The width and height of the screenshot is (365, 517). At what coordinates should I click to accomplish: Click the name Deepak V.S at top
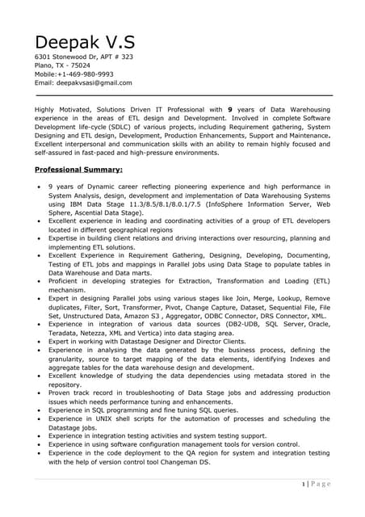coord(85,42)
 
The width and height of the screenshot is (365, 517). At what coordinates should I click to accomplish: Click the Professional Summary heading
coord(78,170)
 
